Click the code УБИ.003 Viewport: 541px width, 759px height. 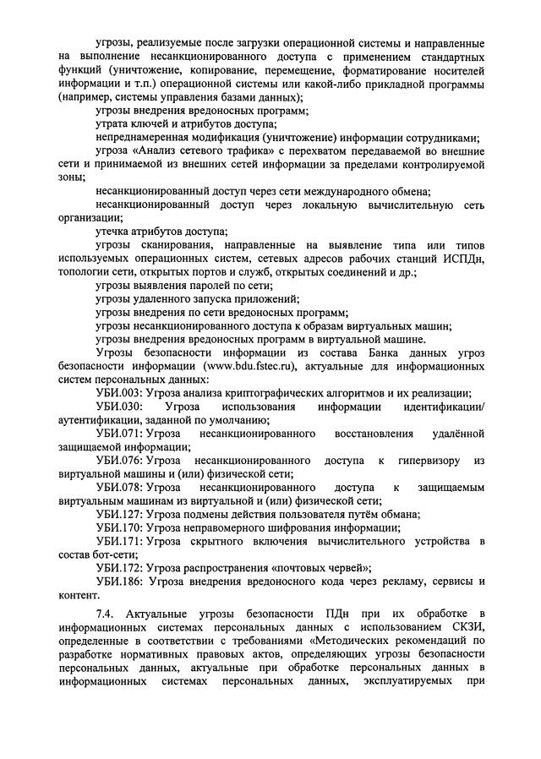(119, 392)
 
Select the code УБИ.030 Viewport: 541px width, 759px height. (119, 407)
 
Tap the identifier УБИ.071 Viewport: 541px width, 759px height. (119, 434)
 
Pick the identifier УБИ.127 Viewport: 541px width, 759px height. (119, 514)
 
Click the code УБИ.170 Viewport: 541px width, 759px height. (119, 527)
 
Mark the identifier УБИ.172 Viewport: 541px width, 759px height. (119, 568)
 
